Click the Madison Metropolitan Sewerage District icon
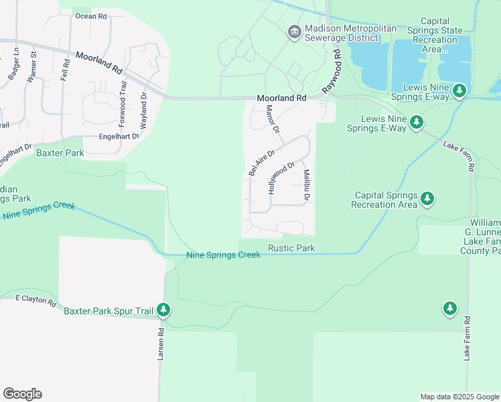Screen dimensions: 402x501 click(294, 31)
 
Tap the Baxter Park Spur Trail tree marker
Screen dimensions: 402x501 click(163, 310)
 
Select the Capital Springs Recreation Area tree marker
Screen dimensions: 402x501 click(427, 199)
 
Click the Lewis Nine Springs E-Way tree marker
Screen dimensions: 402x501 click(417, 122)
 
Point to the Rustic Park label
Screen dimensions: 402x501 click(291, 249)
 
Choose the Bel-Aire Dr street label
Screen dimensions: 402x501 click(261, 163)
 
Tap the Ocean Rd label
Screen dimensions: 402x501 click(91, 15)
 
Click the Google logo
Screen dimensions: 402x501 click(22, 394)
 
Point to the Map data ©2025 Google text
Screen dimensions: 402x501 click(459, 397)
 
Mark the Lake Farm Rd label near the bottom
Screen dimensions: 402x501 click(467, 338)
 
